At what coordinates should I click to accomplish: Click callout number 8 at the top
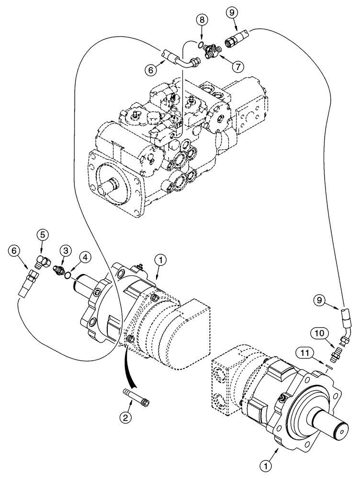202,20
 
